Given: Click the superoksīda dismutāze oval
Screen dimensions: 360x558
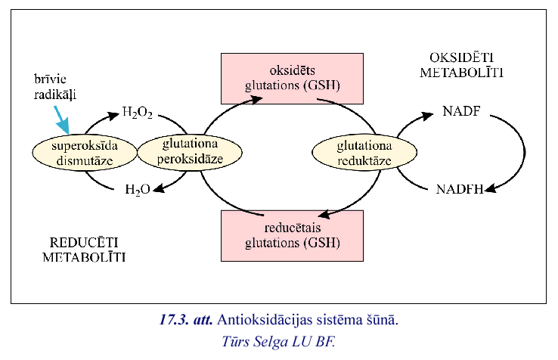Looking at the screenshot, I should tap(85, 152).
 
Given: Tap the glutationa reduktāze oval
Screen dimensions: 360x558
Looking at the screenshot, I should tap(354, 152).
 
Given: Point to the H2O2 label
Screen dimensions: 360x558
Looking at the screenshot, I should tap(137, 115).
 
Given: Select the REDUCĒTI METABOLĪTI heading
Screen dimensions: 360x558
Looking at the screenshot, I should tap(84, 250).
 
